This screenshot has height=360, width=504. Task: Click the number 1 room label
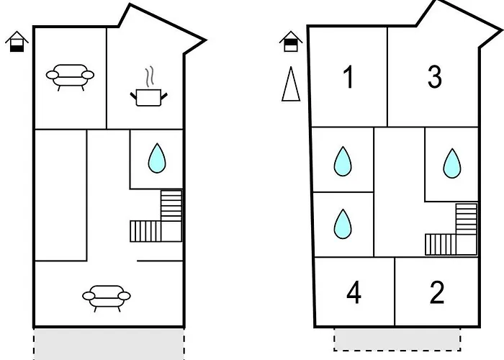click(x=348, y=78)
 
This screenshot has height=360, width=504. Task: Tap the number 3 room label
click(x=434, y=78)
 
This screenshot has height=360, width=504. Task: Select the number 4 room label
click(x=354, y=293)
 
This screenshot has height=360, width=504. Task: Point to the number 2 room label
click(x=437, y=293)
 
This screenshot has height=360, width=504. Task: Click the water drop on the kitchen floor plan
click(x=156, y=158)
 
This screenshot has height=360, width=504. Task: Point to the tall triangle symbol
click(x=290, y=84)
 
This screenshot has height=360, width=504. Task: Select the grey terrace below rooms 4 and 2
click(x=397, y=338)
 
